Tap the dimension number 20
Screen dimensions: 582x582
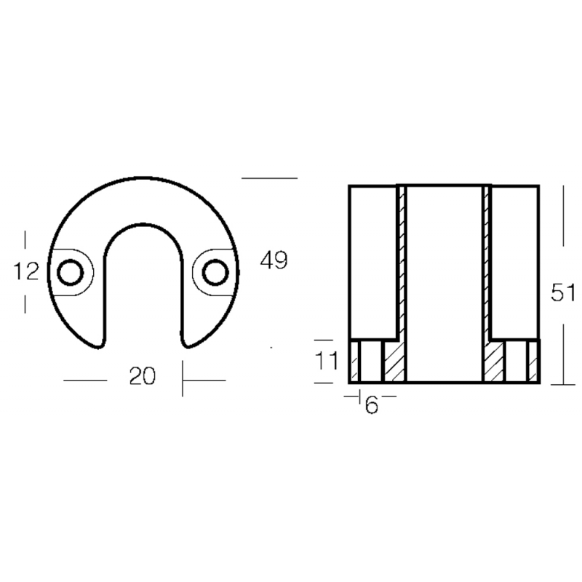tap(143, 376)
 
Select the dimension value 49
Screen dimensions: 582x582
tap(274, 260)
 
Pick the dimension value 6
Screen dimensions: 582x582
tap(372, 406)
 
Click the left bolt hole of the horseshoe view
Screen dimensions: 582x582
tap(71, 274)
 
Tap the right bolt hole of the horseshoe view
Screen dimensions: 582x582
tap(215, 274)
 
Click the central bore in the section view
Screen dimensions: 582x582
tap(444, 284)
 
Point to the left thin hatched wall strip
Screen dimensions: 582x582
tap(400, 262)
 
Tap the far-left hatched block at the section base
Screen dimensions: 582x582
tap(356, 362)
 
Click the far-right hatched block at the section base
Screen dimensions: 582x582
tap(533, 362)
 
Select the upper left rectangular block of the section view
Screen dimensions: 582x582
tap(372, 262)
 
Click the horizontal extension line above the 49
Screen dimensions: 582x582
tap(269, 178)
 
